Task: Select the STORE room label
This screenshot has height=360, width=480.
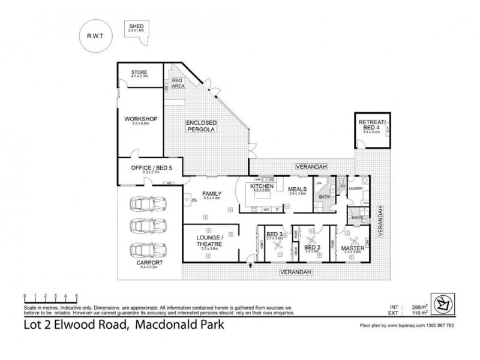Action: click(x=139, y=73)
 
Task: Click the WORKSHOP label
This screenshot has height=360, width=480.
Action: click(x=140, y=119)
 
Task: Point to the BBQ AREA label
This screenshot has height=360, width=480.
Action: click(x=178, y=83)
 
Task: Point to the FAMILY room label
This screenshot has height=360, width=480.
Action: click(x=211, y=194)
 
